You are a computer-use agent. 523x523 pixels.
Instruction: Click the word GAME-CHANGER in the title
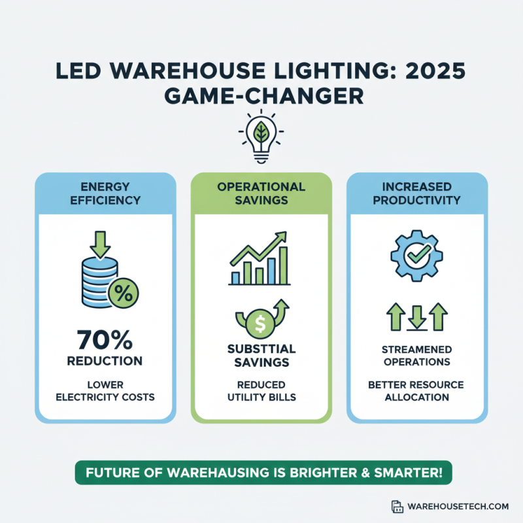(261, 96)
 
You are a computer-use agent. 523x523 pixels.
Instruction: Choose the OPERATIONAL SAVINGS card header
(261, 194)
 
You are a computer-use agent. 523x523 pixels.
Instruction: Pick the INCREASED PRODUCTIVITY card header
(416, 194)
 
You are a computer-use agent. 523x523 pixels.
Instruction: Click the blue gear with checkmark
(416, 256)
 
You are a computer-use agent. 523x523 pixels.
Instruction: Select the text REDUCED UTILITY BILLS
(261, 390)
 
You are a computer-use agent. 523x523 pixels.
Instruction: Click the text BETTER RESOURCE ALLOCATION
(416, 391)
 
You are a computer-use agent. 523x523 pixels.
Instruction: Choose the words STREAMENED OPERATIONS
(416, 356)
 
